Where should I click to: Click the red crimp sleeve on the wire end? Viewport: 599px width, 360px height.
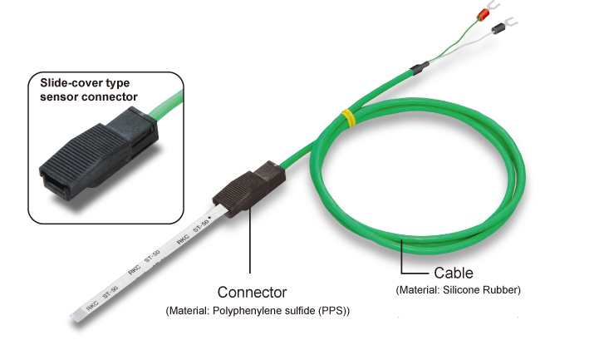point(484,14)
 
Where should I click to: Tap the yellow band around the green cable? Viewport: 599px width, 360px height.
point(348,118)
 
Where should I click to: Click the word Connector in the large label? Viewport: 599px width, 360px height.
point(252,293)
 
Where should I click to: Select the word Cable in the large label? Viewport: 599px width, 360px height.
point(454,273)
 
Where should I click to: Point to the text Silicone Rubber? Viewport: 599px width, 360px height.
point(481,290)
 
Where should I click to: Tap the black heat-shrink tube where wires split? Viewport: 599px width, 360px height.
point(420,68)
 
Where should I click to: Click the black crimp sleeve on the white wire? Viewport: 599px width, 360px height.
point(498,28)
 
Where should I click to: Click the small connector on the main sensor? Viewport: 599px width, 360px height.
point(249,189)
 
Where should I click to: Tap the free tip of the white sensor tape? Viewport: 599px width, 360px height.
point(76,317)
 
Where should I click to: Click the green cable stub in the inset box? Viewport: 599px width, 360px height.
point(167,105)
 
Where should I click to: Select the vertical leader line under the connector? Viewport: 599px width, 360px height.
point(250,241)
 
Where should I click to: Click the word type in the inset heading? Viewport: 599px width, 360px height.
point(118,84)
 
